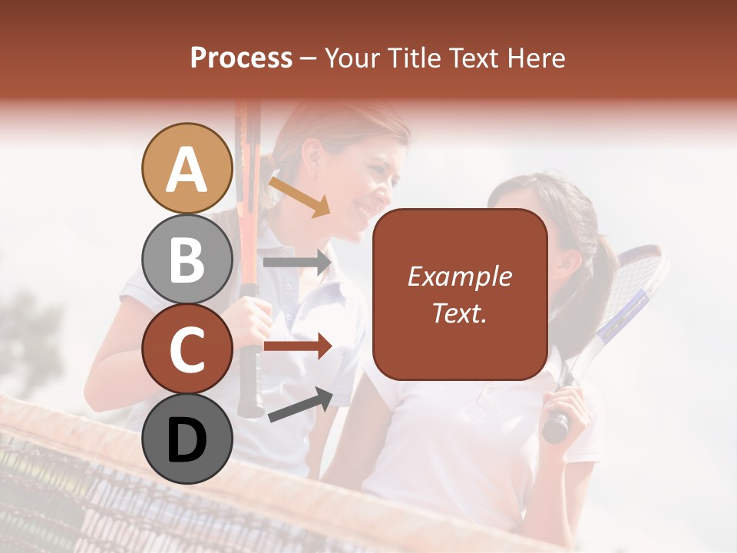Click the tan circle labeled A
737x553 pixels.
187,168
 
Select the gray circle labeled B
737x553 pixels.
187,259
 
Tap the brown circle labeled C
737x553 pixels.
187,349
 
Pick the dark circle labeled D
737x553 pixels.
187,439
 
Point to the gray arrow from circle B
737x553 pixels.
298,263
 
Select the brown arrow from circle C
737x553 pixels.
298,346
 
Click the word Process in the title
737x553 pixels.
241,58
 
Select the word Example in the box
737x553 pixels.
459,276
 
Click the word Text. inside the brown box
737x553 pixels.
459,313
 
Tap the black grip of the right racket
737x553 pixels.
557,422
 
